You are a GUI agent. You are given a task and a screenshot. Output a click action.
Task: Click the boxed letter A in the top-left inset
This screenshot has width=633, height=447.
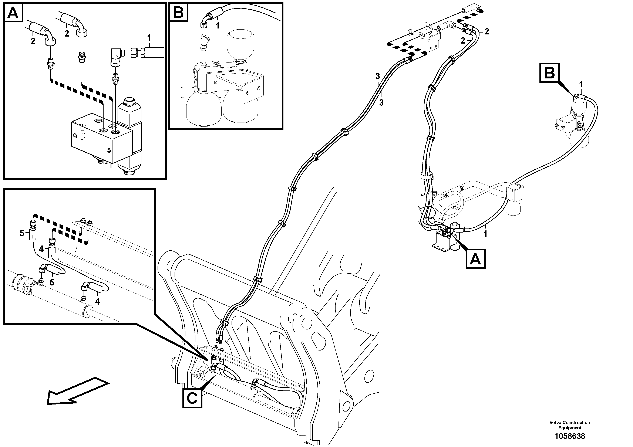click(13, 13)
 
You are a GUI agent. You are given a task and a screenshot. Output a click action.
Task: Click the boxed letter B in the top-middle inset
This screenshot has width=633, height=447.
click(179, 12)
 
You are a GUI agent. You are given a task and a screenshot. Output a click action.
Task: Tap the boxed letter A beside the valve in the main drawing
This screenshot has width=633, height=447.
click(475, 259)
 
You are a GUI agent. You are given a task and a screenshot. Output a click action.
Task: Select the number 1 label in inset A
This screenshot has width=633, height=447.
click(149, 37)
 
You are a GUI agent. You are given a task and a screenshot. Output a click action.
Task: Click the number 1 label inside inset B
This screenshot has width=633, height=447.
click(218, 26)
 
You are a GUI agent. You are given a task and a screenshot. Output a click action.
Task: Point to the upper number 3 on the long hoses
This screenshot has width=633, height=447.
click(378, 76)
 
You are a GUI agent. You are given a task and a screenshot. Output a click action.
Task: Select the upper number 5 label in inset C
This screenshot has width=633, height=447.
click(22, 233)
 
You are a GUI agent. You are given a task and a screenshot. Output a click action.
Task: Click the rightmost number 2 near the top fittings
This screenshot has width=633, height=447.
click(487, 32)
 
